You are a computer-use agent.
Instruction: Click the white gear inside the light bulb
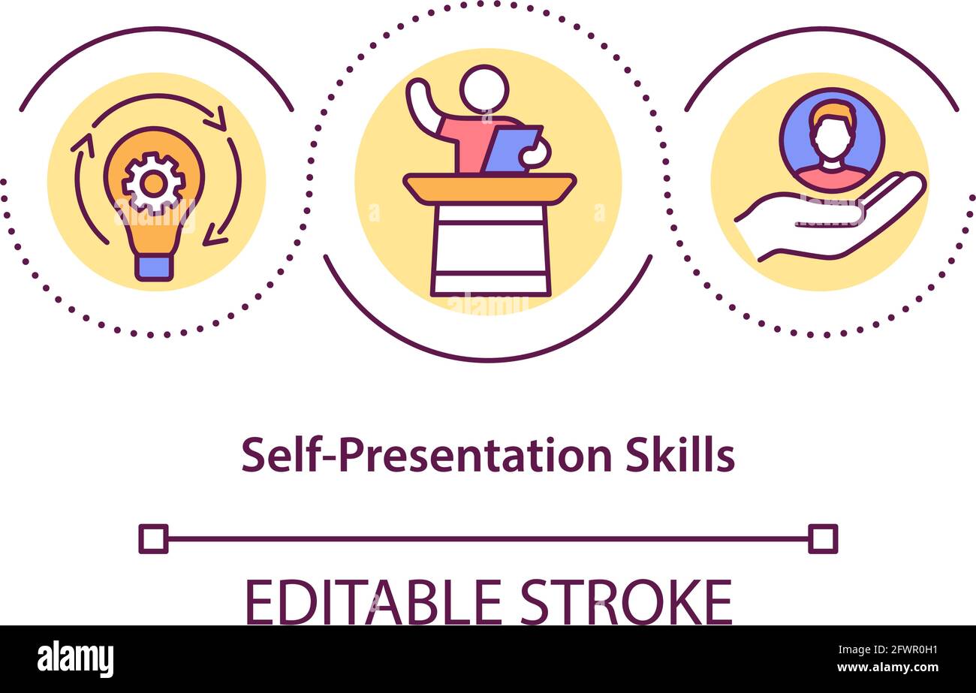pyautogui.click(x=154, y=183)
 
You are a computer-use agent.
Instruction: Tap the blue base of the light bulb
pyautogui.click(x=154, y=267)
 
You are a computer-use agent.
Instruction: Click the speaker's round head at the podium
pyautogui.click(x=484, y=89)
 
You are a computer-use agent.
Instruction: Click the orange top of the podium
pyautogui.click(x=490, y=188)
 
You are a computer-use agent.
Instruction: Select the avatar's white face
pyautogui.click(x=832, y=139)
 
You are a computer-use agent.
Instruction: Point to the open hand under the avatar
pyautogui.click(x=826, y=218)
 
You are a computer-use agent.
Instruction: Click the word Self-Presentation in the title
pyautogui.click(x=427, y=455)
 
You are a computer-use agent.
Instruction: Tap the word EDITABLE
pyautogui.click(x=374, y=602)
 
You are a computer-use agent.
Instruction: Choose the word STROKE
pyautogui.click(x=626, y=602)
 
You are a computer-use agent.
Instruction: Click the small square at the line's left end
pyautogui.click(x=153, y=539)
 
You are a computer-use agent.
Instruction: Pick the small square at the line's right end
pyautogui.click(x=823, y=539)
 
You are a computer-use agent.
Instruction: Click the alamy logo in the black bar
pyautogui.click(x=75, y=659)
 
